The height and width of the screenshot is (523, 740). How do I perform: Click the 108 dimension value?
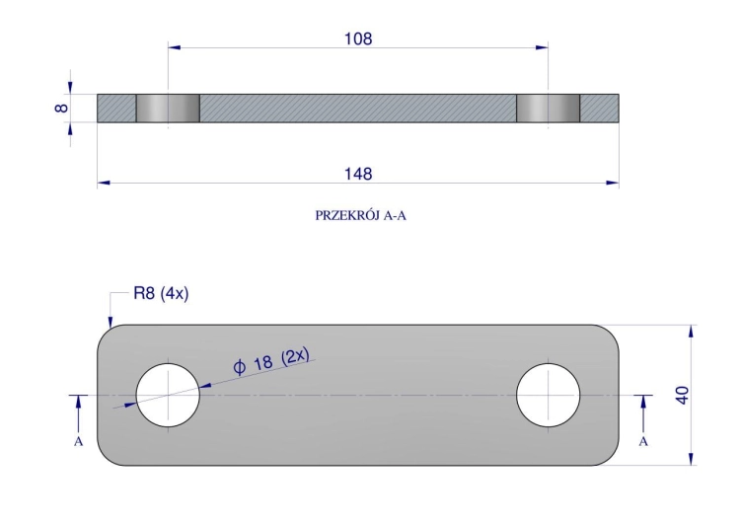point(358,38)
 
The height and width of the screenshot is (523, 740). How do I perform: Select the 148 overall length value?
point(358,175)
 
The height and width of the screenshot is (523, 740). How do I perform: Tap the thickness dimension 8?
point(61,109)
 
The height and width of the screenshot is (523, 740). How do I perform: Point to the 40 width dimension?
point(683,395)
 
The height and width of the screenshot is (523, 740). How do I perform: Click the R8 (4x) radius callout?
point(161,294)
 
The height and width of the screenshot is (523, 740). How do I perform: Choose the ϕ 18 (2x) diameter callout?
point(271,361)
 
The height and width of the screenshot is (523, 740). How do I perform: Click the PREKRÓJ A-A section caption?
point(360,216)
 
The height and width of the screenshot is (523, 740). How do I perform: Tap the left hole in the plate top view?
point(168,395)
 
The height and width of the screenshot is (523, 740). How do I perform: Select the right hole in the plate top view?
point(548,395)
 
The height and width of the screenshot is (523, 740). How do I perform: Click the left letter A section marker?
point(78,441)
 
